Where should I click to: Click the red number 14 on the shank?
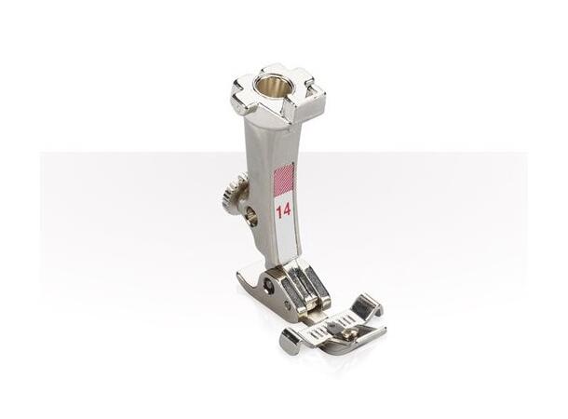tap(283, 209)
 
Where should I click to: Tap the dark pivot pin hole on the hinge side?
tap(268, 287)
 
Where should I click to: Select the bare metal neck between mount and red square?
tap(280, 144)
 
